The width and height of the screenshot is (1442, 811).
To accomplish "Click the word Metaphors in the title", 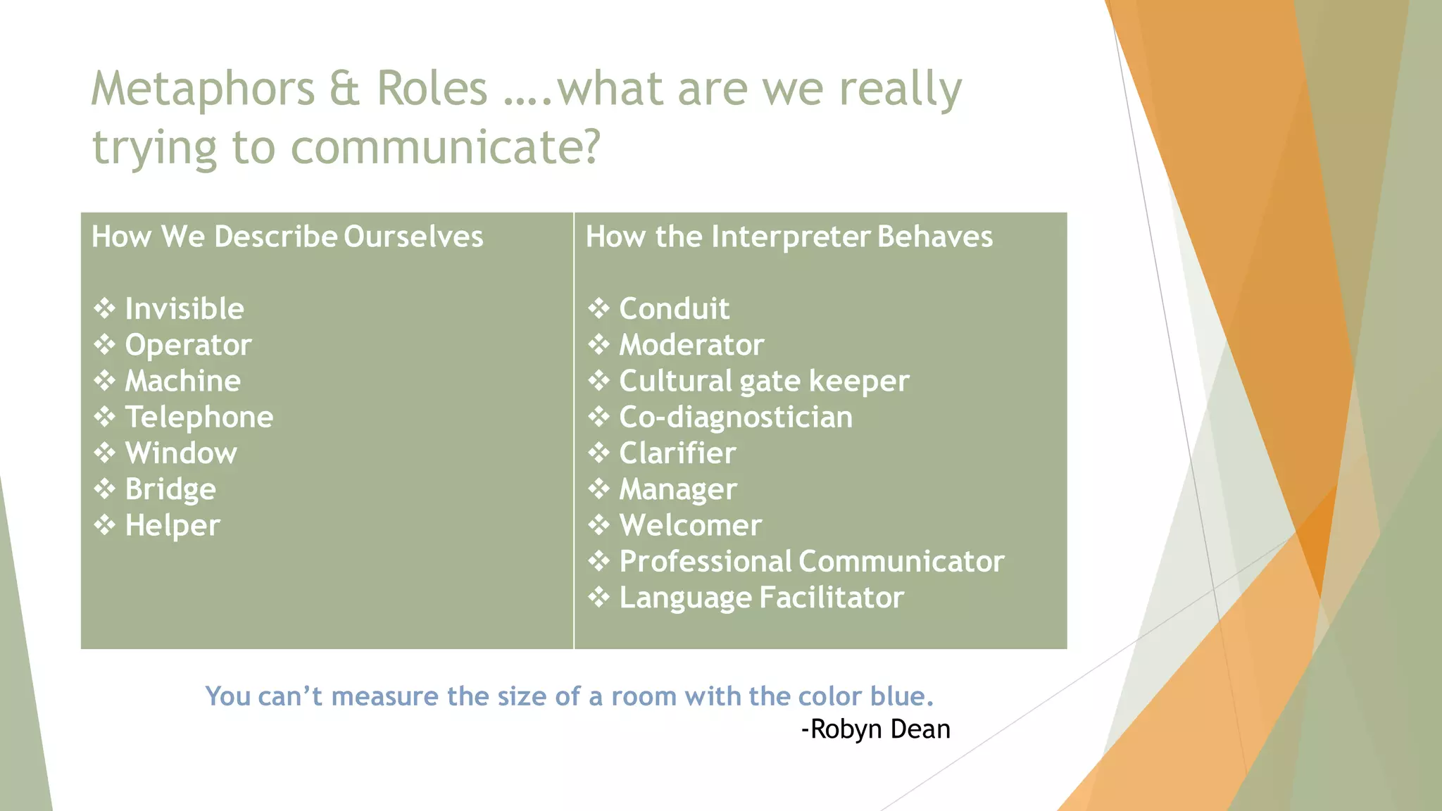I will (202, 89).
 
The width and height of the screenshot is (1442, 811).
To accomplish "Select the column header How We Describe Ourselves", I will (287, 237).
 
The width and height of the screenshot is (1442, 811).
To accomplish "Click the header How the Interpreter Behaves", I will (789, 237).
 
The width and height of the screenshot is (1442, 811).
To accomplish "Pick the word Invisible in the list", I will (184, 309).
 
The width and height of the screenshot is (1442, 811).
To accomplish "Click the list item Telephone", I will (199, 417).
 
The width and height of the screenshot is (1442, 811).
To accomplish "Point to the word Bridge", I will (170, 489).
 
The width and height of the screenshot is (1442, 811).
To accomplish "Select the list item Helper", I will (173, 526).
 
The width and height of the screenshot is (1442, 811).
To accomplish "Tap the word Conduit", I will (674, 309).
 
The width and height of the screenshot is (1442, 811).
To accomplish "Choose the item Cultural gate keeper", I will (764, 382).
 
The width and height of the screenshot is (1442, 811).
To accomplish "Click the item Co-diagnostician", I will (736, 417).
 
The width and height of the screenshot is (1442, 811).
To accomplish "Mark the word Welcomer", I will (690, 526).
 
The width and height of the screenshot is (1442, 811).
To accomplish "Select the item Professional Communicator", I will (811, 562).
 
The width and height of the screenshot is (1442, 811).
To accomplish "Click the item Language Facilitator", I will (761, 598).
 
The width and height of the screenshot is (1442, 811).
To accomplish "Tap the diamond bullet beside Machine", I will (105, 381).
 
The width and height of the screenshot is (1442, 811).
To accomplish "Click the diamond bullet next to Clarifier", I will (599, 453).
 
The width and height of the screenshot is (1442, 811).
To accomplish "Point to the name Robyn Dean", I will (880, 729).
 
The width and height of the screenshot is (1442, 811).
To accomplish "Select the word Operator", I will (188, 345).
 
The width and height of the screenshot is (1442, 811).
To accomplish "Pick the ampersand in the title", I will (344, 89).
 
